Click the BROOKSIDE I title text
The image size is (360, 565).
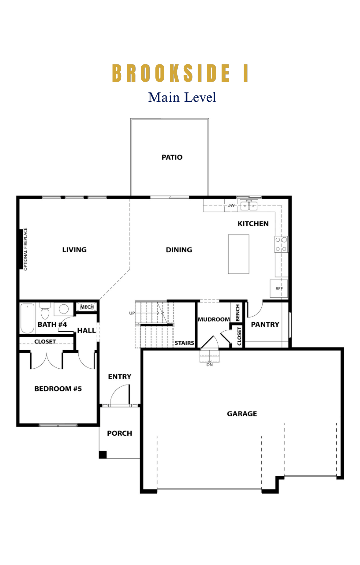[180, 73]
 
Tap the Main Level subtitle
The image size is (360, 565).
[182, 97]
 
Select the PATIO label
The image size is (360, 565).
[172, 157]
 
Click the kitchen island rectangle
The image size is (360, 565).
[239, 254]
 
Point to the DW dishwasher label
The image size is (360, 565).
[231, 205]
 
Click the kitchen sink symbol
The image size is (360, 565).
[249, 205]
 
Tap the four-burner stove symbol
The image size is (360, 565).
[281, 244]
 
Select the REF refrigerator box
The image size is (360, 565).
[279, 288]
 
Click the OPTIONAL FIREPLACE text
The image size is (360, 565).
[25, 249]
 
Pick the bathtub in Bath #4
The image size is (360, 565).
[27, 319]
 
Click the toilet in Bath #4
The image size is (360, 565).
[45, 311]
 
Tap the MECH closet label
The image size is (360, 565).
[87, 307]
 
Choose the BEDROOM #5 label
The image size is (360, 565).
[58, 389]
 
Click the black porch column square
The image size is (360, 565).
[103, 454]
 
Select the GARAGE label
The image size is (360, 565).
[242, 414]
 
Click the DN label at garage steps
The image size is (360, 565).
[209, 365]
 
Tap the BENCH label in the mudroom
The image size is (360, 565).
[238, 313]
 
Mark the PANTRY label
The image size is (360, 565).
[265, 324]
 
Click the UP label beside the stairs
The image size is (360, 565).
[132, 313]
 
